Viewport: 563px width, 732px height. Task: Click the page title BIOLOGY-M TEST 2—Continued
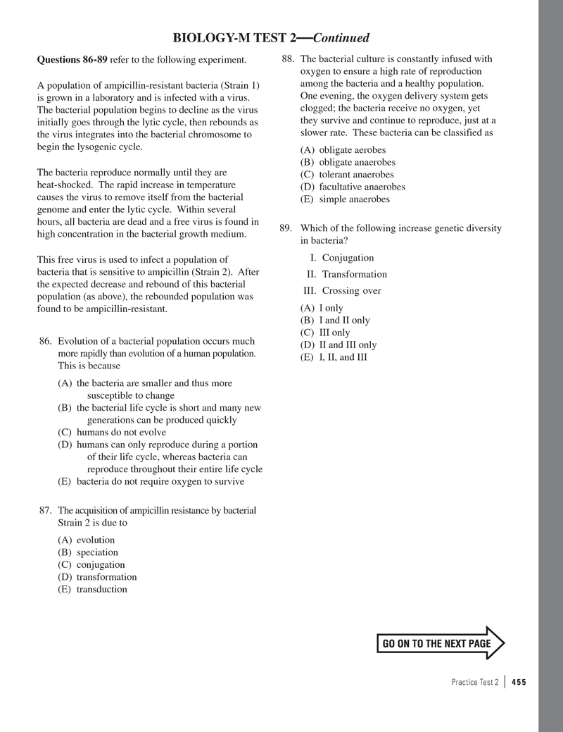pos(272,37)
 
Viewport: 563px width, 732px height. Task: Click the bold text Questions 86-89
pos(72,60)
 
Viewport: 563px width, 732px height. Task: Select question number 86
pos(46,341)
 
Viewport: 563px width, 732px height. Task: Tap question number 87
pos(46,510)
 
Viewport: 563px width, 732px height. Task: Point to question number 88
pos(286,59)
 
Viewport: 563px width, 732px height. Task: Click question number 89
pos(285,228)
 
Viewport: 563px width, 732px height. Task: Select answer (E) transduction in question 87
pos(92,589)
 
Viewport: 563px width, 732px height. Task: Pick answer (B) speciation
pos(88,552)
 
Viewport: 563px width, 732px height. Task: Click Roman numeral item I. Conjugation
pos(342,258)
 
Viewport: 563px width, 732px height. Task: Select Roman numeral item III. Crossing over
pos(342,291)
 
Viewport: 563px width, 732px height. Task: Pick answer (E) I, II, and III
pos(334,357)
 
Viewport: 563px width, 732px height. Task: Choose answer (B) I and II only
pos(335,321)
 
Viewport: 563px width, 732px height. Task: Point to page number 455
pos(519,682)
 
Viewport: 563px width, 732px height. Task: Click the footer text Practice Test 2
pos(475,682)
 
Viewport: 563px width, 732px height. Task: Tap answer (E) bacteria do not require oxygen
pos(151,482)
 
